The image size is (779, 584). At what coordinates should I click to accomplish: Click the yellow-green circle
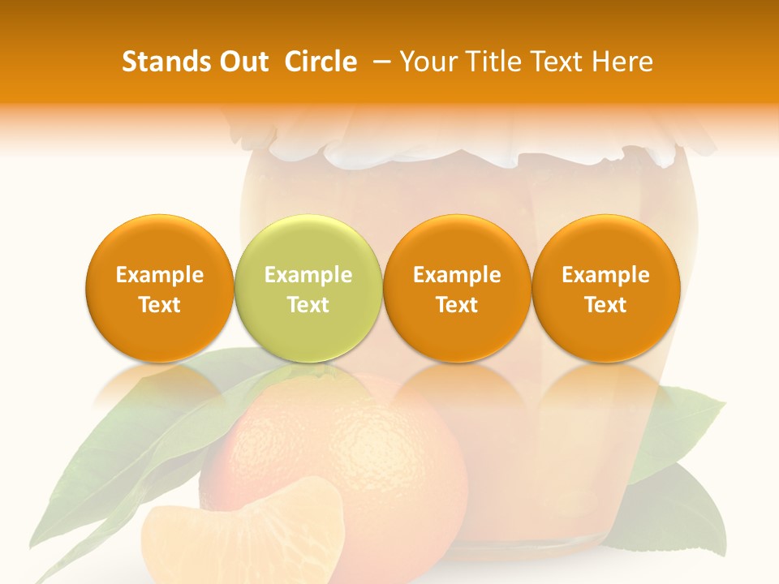tap(308, 289)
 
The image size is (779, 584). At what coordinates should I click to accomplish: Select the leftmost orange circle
tap(159, 289)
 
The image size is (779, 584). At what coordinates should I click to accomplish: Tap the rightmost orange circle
tap(605, 289)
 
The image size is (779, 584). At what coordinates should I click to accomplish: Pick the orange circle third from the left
tap(456, 289)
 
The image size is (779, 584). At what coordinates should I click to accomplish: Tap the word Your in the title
tap(428, 62)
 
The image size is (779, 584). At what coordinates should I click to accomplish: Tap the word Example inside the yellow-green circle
tap(308, 276)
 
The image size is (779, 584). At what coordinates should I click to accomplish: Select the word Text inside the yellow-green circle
tap(308, 305)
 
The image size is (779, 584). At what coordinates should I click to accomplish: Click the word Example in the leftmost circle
tap(159, 276)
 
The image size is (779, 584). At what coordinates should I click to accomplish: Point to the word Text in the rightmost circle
tap(605, 305)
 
